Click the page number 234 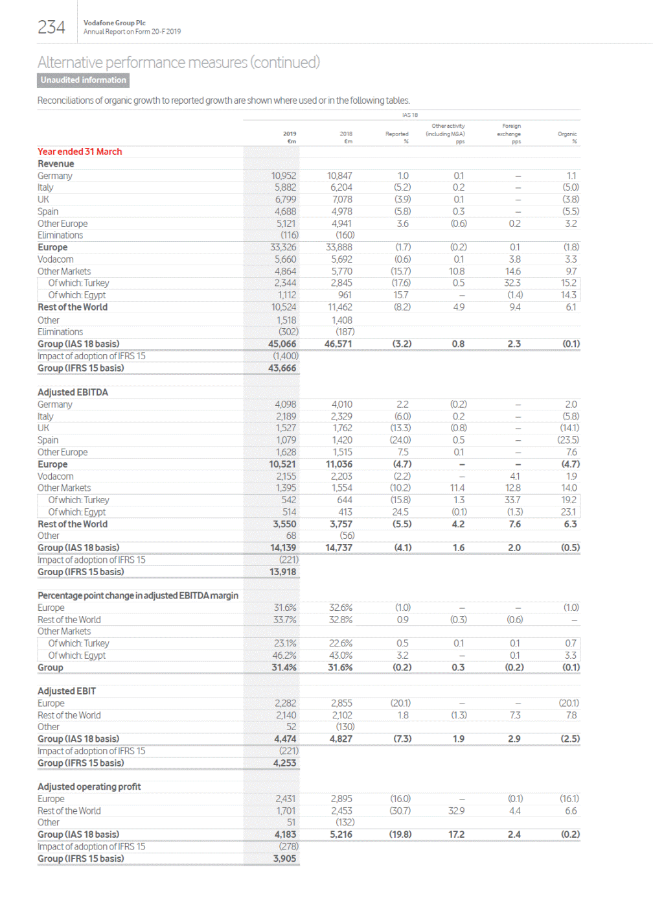pos(51,27)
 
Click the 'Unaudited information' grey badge pos(83,80)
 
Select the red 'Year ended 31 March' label pos(80,152)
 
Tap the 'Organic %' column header pos(567,137)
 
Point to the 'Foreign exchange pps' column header pos(510,134)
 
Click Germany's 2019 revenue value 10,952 pos(284,176)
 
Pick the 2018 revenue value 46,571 pos(339,344)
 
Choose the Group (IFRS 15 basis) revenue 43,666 pos(282,368)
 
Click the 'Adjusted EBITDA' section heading pos(73,392)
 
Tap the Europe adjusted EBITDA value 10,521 pos(282,464)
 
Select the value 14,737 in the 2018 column pos(339,548)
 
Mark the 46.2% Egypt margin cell pos(285,656)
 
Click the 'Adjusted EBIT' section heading pos(67,691)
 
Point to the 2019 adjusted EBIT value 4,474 pos(285,739)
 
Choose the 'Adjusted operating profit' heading pos(89,787)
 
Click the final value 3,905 pos(284,859)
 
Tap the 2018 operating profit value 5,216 pos(341,835)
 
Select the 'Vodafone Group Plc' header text pos(115,23)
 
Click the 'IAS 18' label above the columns pos(409,115)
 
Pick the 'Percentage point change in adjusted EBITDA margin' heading pos(138,596)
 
